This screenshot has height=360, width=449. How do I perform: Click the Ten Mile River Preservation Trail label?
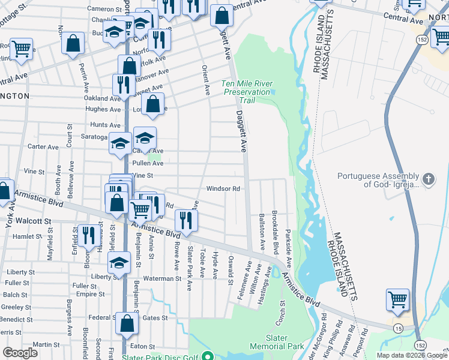(247, 92)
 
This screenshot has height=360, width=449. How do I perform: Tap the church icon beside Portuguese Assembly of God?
(428, 179)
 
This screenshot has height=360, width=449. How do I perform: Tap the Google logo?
(20, 353)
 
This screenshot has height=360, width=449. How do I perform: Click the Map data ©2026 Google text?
(411, 355)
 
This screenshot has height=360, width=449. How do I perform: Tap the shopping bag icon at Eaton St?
(127, 323)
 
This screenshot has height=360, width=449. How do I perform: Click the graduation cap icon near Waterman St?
(119, 263)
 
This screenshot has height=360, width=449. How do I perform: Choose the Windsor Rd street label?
(223, 188)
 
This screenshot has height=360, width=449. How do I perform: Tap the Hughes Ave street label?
(103, 109)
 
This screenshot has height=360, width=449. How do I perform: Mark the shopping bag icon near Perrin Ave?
(73, 44)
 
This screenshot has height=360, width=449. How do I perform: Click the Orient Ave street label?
(206, 80)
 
